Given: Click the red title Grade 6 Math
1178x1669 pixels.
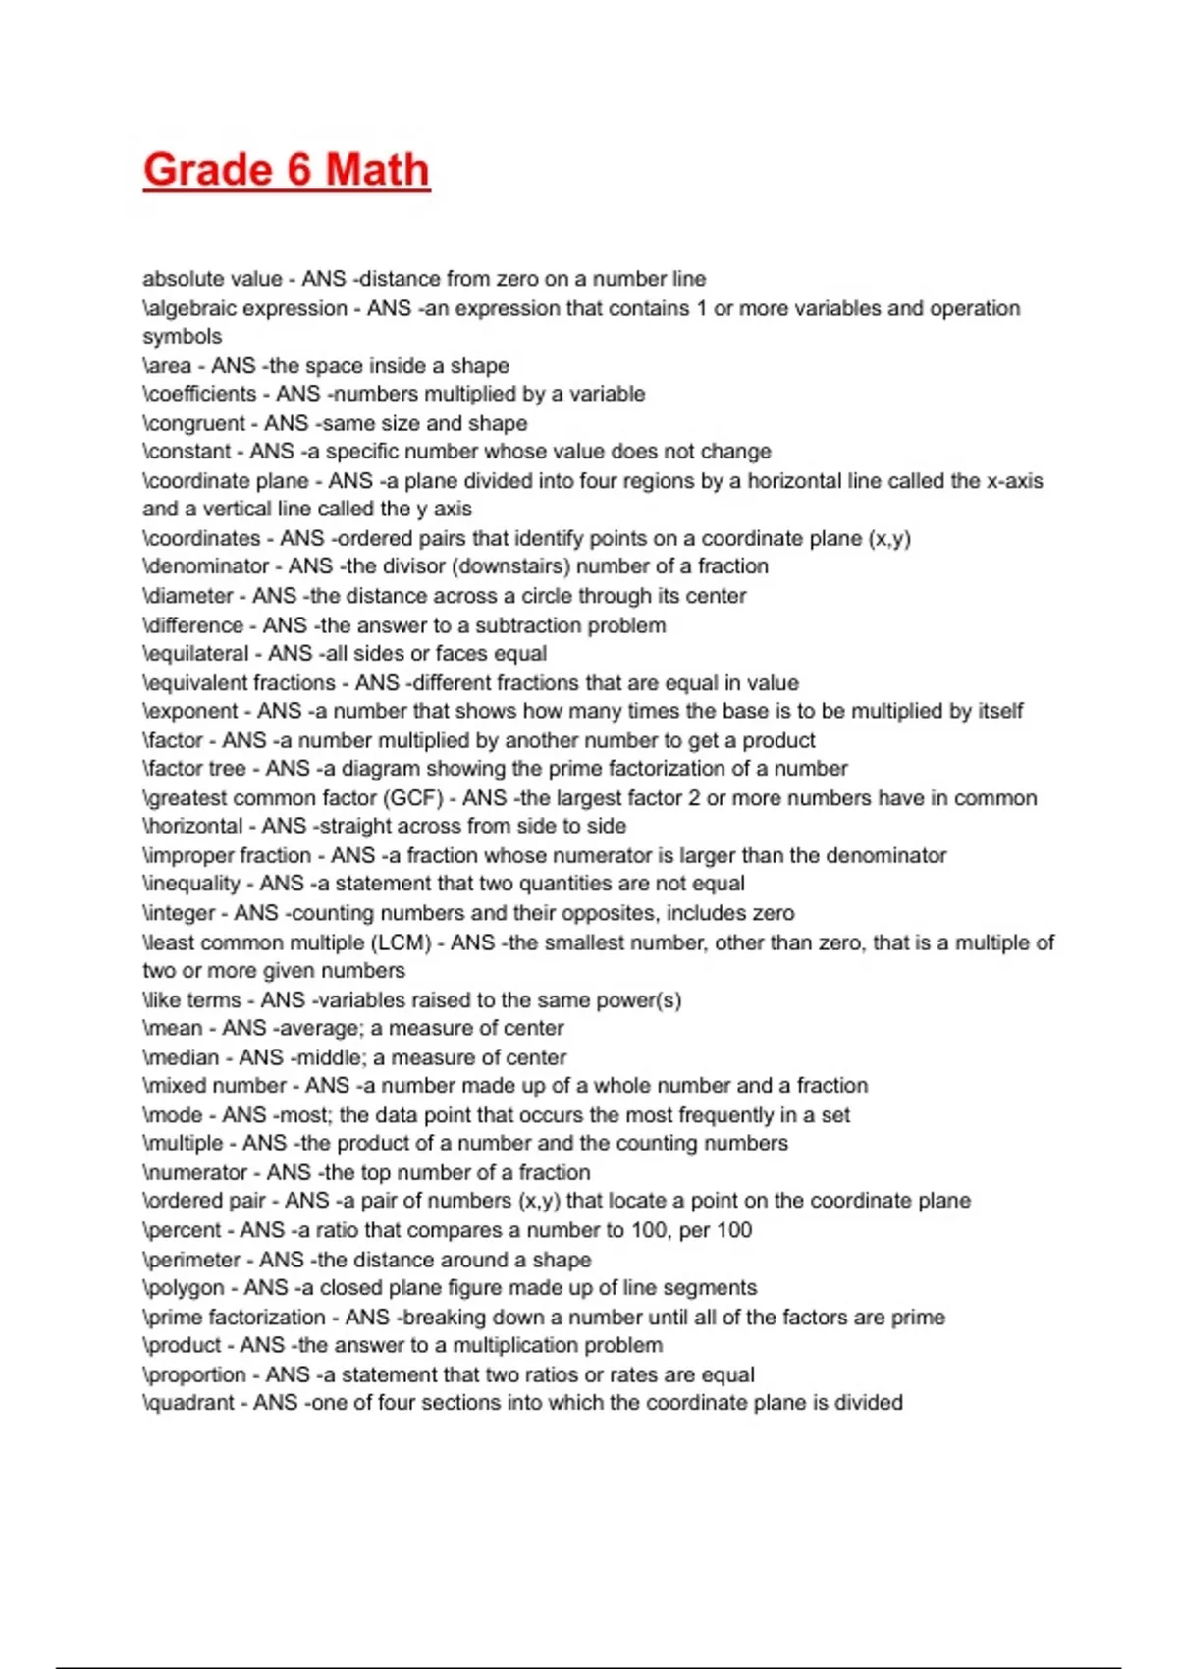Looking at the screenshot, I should pyautogui.click(x=287, y=170).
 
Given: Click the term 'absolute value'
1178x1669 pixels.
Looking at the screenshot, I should pyautogui.click(x=212, y=279).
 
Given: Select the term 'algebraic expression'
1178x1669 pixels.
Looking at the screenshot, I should pyautogui.click(x=246, y=308).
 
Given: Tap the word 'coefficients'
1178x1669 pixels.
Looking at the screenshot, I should pyautogui.click(x=201, y=394).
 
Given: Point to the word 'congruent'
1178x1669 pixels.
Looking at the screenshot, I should pyautogui.click(x=196, y=423).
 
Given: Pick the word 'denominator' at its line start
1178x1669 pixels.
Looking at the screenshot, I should pyautogui.click(x=207, y=566).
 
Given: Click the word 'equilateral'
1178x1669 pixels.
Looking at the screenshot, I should pyautogui.click(x=197, y=654).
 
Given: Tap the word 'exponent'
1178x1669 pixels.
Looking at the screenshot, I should pyautogui.click(x=192, y=711).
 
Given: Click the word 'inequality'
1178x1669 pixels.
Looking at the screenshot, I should pyautogui.click(x=192, y=884).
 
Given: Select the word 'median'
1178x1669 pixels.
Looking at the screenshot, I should pyautogui.click(x=183, y=1057).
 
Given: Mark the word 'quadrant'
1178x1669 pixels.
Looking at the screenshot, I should pyautogui.click(x=190, y=1403).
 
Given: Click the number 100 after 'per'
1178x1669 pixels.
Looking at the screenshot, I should pyautogui.click(x=734, y=1230).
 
